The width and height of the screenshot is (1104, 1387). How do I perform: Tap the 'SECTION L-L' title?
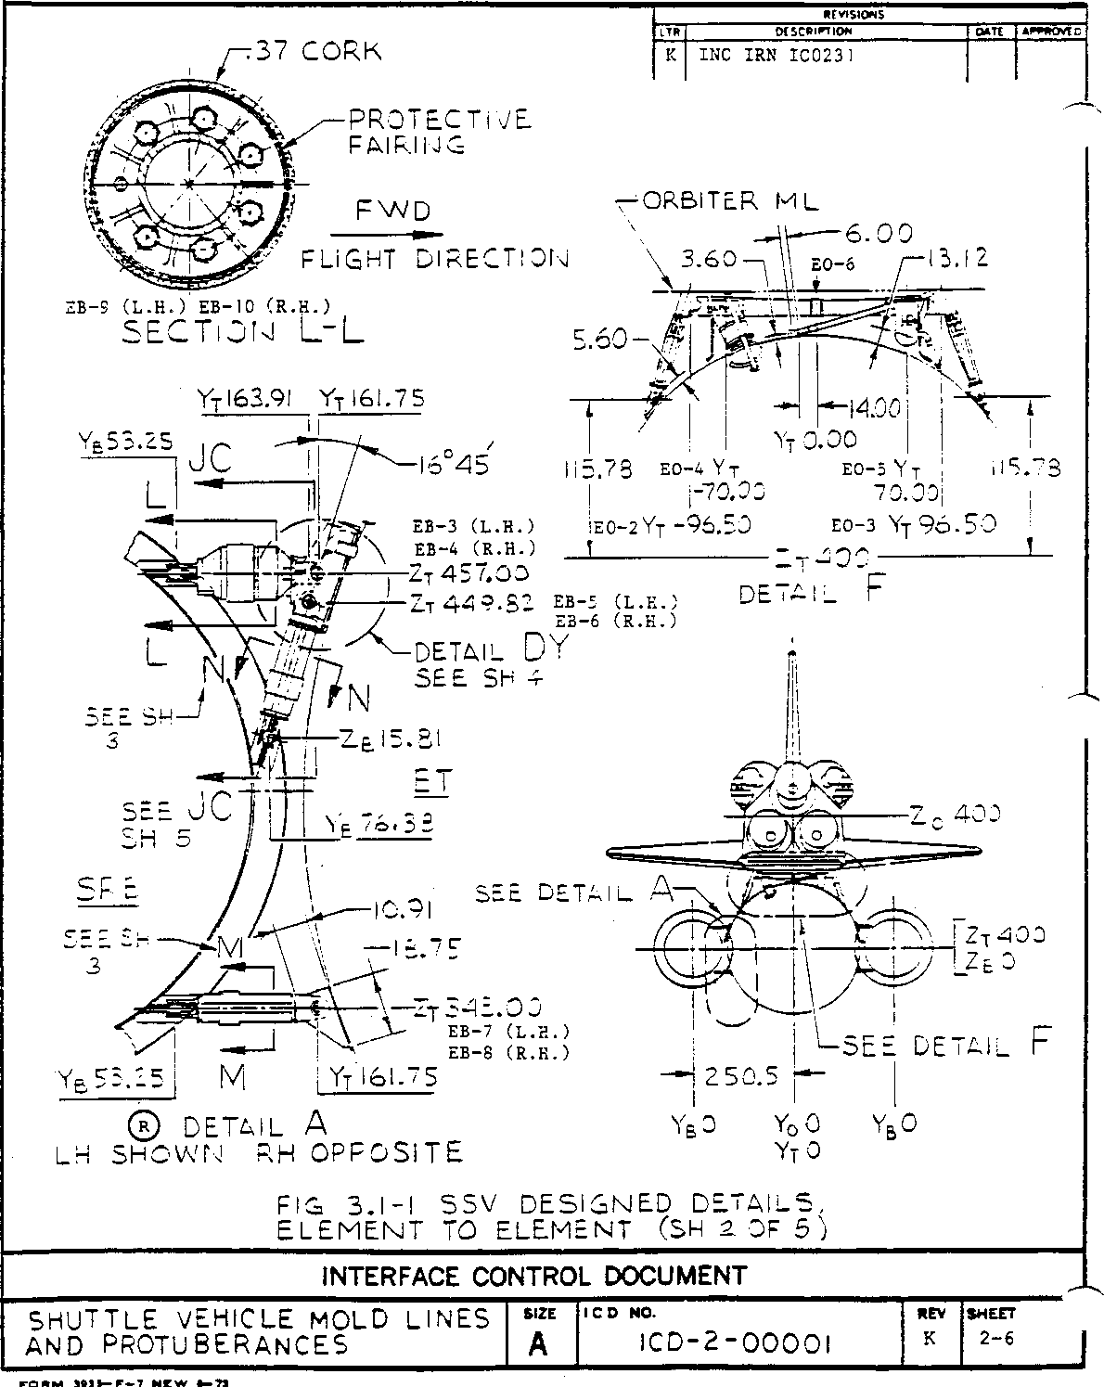pos(244,331)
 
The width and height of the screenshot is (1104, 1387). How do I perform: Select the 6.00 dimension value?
pos(878,234)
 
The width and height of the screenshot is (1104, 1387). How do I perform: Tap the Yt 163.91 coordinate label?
pos(246,399)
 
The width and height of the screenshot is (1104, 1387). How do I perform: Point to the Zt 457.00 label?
pos(470,573)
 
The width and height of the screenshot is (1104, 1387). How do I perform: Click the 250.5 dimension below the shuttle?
pos(742,1076)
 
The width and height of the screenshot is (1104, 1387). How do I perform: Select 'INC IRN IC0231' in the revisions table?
pos(776,55)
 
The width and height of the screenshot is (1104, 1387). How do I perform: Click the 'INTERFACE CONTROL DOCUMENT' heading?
pos(533,1276)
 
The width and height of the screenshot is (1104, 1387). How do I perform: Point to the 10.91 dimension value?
pos(403,911)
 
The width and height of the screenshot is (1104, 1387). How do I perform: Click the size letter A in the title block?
pos(539,1343)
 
